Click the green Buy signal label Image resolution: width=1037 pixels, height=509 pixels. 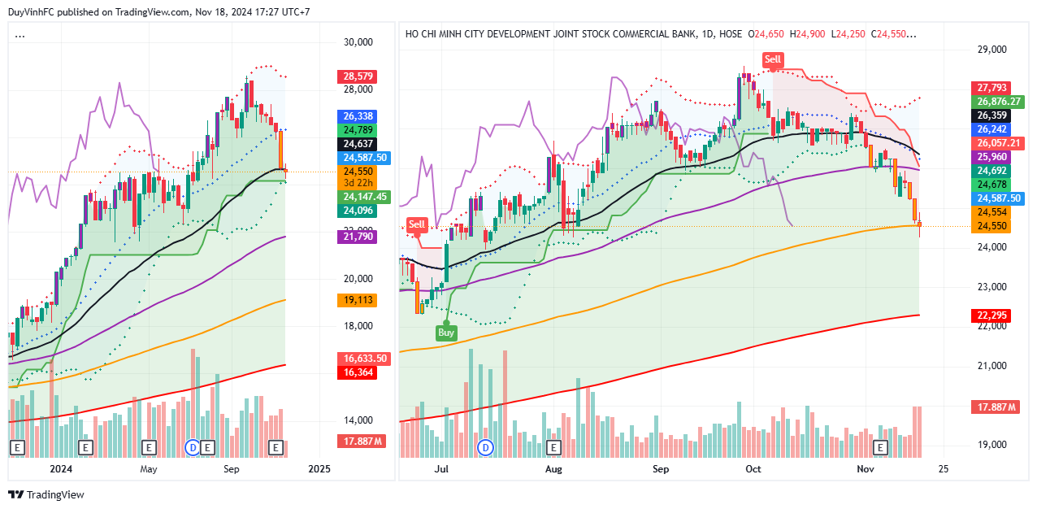(x=446, y=333)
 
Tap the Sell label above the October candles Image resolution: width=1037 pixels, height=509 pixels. (x=772, y=59)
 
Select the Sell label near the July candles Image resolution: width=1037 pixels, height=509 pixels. (x=417, y=224)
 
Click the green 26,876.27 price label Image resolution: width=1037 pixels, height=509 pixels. (x=998, y=102)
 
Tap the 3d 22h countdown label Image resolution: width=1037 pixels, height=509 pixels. (x=358, y=183)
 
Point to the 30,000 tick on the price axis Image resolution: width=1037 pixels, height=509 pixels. (x=358, y=42)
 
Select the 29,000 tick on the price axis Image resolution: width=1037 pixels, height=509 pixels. (x=991, y=50)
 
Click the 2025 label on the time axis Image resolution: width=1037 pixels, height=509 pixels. (x=319, y=469)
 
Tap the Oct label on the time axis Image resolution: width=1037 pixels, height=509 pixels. (x=753, y=469)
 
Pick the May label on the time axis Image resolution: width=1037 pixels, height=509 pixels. (x=148, y=469)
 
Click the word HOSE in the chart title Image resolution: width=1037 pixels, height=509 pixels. (x=731, y=34)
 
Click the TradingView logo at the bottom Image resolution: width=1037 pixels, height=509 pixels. (x=46, y=494)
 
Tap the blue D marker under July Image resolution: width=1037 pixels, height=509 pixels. (x=486, y=447)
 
